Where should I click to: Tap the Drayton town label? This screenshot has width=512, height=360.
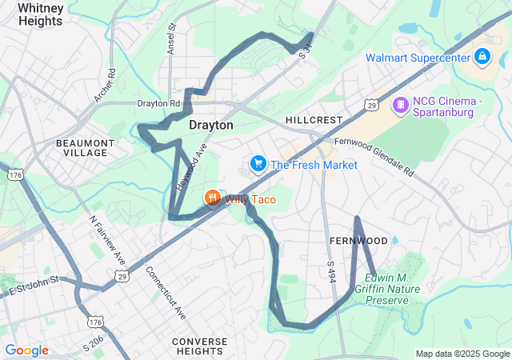[211, 126]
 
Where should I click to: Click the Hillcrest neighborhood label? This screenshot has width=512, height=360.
[314, 120]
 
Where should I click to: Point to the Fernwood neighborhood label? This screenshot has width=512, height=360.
[358, 241]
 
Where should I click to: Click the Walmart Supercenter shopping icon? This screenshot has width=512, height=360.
[482, 57]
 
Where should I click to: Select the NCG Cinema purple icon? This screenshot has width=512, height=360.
[399, 105]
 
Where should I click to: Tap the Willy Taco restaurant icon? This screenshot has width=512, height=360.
[212, 198]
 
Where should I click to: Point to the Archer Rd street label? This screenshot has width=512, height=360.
[105, 85]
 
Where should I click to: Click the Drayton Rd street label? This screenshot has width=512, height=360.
[158, 104]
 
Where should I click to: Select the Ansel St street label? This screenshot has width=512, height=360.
[172, 38]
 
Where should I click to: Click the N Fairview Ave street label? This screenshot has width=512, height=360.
[107, 240]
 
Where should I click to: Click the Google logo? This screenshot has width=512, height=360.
[26, 350]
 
